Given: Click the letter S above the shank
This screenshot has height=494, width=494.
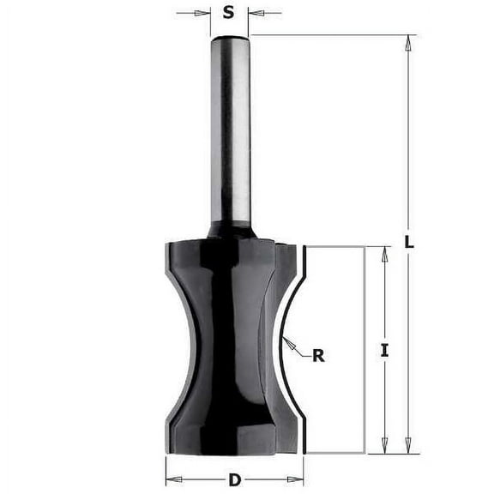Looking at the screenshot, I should click(228, 12).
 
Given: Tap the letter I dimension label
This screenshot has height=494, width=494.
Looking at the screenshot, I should click(384, 349).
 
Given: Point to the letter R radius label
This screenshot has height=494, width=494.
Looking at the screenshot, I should click(318, 354).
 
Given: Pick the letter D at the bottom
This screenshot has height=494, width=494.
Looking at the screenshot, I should click(234, 480).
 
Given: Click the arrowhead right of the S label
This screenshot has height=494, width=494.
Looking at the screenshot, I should click(255, 13).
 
